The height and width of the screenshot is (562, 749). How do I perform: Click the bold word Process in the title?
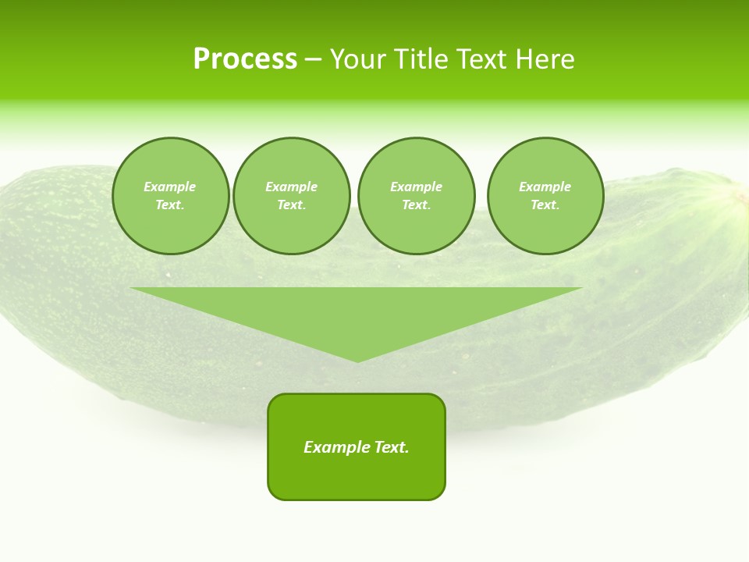[245, 59]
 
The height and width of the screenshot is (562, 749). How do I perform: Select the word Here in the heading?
[544, 59]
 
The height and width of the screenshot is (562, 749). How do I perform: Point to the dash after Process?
[313, 60]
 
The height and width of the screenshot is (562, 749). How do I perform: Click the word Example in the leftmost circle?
[170, 187]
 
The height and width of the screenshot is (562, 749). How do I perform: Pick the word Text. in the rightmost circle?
[545, 205]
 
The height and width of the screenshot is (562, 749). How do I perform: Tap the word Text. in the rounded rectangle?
[392, 447]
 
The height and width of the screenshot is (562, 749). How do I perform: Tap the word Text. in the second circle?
[291, 205]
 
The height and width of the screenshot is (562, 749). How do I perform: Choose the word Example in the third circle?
[416, 187]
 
